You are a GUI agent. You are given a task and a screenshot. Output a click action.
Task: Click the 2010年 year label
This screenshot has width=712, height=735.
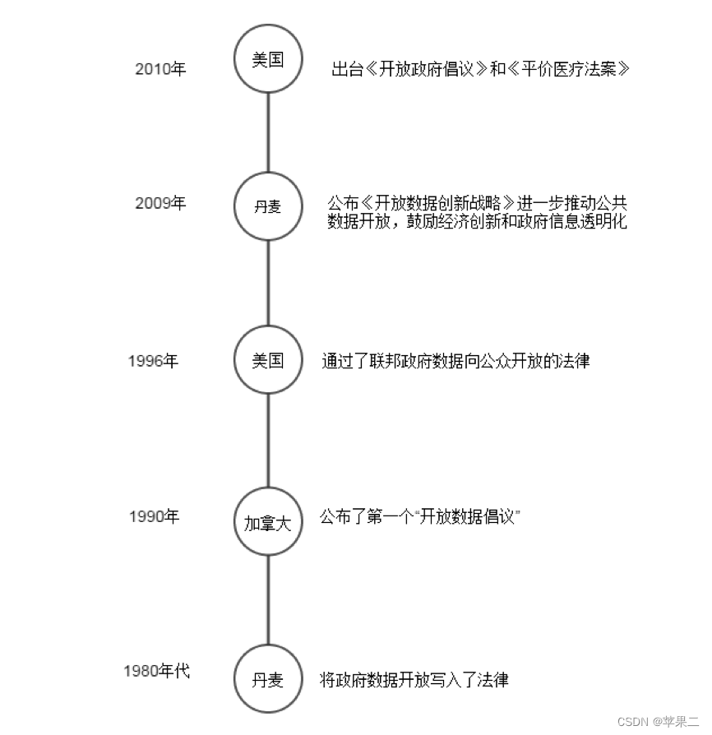[161, 69]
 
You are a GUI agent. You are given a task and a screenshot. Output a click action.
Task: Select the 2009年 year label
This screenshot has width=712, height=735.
[161, 204]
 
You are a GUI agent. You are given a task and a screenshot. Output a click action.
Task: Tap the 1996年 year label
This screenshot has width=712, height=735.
[153, 361]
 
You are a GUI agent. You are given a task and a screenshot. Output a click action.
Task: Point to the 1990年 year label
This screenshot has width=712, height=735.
[154, 517]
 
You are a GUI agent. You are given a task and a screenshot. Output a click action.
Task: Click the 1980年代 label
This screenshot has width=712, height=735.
[156, 671]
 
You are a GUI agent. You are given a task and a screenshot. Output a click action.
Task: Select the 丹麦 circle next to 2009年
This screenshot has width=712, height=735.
[268, 206]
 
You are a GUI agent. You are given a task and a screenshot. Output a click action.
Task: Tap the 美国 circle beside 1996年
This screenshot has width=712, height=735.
[268, 360]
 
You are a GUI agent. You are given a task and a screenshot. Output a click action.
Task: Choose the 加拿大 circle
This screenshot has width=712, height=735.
[268, 523]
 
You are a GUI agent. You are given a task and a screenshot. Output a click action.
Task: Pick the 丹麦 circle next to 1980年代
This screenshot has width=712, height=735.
[268, 680]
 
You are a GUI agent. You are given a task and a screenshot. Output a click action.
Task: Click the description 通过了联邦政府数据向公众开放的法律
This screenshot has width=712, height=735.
[455, 361]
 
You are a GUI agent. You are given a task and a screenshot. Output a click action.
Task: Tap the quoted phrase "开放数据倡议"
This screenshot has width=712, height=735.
[469, 517]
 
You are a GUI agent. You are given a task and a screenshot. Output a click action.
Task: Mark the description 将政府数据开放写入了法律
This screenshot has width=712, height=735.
[414, 680]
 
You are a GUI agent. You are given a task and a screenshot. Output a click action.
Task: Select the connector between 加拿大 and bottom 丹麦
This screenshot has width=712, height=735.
[268, 601]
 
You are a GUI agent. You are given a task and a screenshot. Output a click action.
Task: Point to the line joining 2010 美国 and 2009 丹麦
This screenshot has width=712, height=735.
[268, 132]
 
